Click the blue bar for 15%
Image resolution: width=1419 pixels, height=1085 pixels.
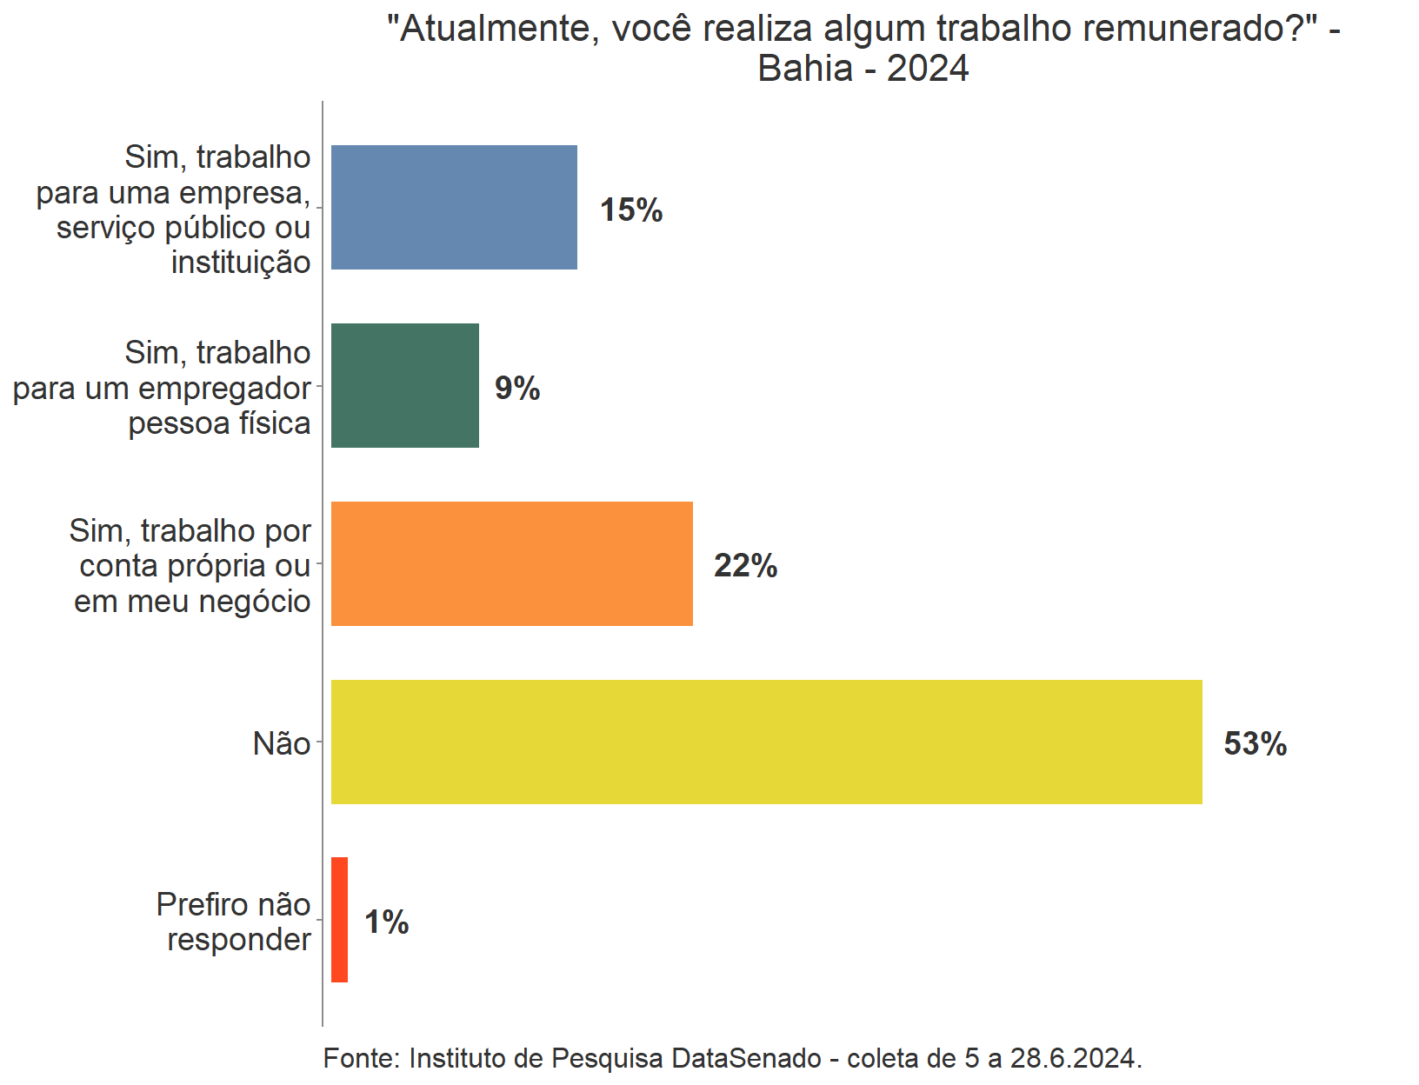click(x=454, y=207)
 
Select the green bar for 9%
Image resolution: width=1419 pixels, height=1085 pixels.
click(x=405, y=386)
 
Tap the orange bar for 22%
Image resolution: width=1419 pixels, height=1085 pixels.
click(x=512, y=563)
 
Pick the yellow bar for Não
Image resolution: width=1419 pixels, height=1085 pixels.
click(x=766, y=742)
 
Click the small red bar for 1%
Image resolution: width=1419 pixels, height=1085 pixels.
click(x=340, y=920)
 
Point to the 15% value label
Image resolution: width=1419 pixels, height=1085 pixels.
click(x=631, y=210)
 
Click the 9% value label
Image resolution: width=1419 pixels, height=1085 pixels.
click(x=517, y=388)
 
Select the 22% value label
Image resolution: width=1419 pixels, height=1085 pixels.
click(x=745, y=566)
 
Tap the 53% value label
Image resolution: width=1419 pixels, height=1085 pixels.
click(x=1255, y=744)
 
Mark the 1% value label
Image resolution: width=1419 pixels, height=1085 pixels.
click(x=386, y=922)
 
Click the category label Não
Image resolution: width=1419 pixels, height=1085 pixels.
click(x=282, y=744)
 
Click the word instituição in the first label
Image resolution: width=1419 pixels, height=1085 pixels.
click(x=241, y=263)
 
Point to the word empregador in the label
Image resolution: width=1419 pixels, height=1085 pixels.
click(x=236, y=389)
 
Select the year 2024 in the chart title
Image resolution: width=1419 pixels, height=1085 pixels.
click(x=928, y=69)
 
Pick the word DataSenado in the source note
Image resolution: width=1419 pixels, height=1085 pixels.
click(x=746, y=1058)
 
